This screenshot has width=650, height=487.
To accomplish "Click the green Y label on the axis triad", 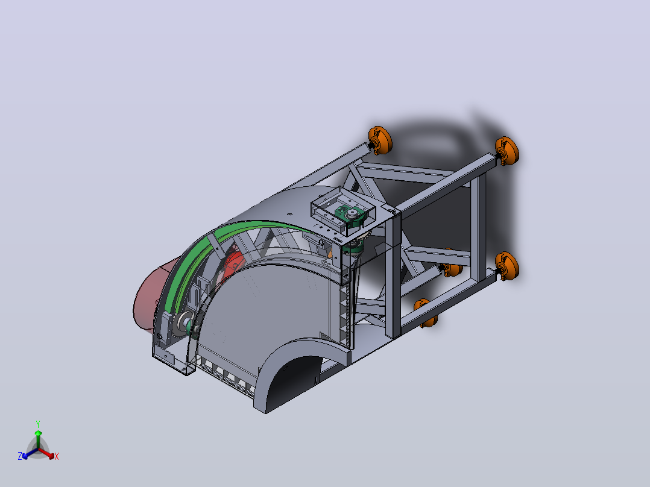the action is (38, 424).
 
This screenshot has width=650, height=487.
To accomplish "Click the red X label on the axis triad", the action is (57, 456).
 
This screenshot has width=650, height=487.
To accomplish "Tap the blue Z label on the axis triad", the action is (20, 456).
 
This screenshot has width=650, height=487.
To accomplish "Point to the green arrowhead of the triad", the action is (38, 433).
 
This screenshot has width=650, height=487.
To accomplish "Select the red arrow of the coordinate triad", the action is (46, 453).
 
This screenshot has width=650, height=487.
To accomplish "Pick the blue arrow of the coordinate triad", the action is (30, 453).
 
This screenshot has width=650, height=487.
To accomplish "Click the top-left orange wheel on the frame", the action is (380, 140).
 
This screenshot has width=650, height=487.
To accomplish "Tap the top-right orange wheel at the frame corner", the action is (507, 151).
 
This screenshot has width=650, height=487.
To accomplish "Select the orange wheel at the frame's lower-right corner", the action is (507, 266).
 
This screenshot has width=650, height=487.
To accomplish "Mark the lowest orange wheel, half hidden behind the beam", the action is (426, 312).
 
